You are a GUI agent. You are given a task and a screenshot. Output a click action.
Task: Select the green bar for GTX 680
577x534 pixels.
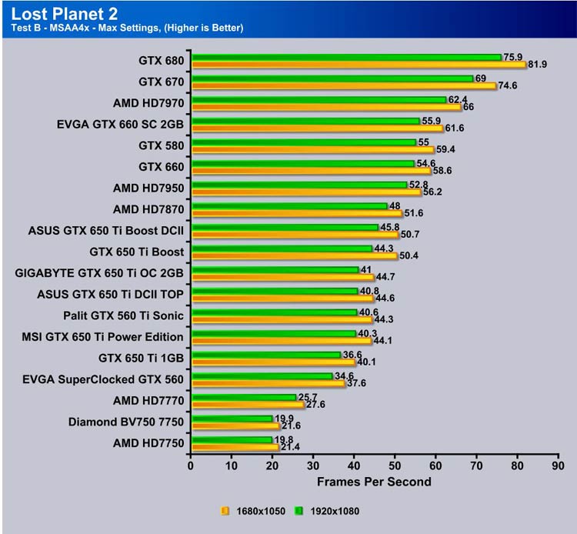point(346,57)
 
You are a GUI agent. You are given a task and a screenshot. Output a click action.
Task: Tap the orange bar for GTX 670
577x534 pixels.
point(344,86)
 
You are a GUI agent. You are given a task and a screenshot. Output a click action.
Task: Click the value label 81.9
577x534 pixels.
point(536,65)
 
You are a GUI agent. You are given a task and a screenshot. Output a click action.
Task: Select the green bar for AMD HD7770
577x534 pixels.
point(244,397)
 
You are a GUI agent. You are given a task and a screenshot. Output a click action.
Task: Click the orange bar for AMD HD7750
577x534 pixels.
point(235,447)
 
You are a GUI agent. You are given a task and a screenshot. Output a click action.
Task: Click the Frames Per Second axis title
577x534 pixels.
point(374,482)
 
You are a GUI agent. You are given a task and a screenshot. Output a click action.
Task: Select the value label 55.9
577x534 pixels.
point(432,121)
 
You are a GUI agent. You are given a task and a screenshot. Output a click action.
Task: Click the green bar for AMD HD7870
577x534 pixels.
point(289,205)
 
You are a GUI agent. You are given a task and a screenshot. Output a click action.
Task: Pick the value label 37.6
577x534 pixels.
point(359,383)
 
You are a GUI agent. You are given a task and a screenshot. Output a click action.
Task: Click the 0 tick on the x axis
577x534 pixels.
point(192,466)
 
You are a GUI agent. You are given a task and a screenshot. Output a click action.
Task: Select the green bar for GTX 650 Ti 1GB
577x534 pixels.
point(266,355)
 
